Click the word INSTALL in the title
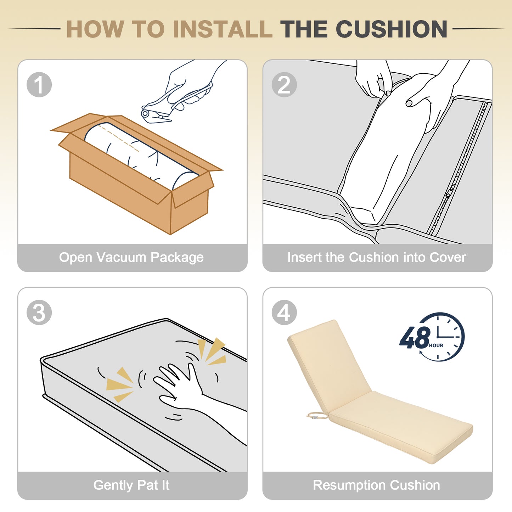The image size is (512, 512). (223, 29)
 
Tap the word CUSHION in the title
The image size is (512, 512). (392, 29)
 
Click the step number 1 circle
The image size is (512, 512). (39, 84)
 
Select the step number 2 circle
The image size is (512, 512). (284, 84)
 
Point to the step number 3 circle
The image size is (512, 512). (39, 312)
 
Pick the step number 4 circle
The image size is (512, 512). (284, 312)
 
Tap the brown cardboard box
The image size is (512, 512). (136, 173)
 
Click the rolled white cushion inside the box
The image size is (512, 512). (141, 156)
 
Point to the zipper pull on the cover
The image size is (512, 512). (449, 193)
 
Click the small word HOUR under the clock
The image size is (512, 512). (436, 345)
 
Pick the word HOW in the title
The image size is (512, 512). (95, 29)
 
